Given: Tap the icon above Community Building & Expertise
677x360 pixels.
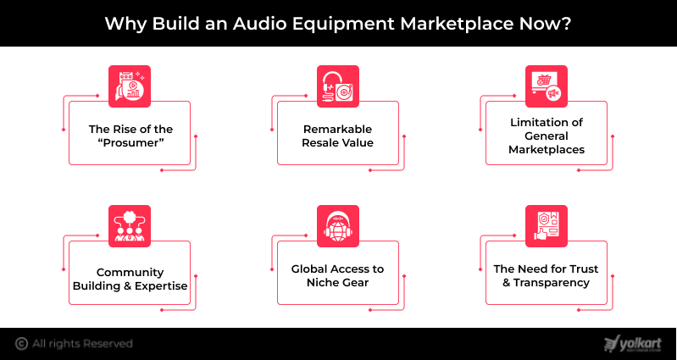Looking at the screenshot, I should pos(130,224).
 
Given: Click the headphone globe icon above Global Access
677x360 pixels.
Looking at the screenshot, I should pos(339,224).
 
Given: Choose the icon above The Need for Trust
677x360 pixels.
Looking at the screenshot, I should pos(547,224).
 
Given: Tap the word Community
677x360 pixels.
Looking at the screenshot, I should pos(129,272).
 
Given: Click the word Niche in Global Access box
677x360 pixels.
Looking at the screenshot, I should pos(327,282).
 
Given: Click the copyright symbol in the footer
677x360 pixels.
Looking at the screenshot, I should pos(21,343).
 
